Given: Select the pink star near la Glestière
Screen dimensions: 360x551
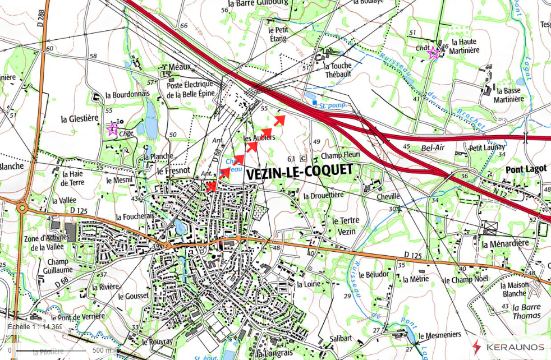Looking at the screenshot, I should [x=112, y=130].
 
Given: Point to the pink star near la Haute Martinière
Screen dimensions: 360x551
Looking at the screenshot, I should [x=433, y=53].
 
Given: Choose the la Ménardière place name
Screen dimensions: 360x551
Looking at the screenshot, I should [x=506, y=244].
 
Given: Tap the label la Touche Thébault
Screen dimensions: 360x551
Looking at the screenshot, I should [x=338, y=70].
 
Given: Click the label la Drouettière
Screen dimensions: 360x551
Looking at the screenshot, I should [x=323, y=196].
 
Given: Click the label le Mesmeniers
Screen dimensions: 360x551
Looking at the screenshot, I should [x=439, y=335].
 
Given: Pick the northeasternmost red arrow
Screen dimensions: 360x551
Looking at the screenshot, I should [x=280, y=119].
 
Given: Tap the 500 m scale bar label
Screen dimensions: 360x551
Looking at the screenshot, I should [x=102, y=350].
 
